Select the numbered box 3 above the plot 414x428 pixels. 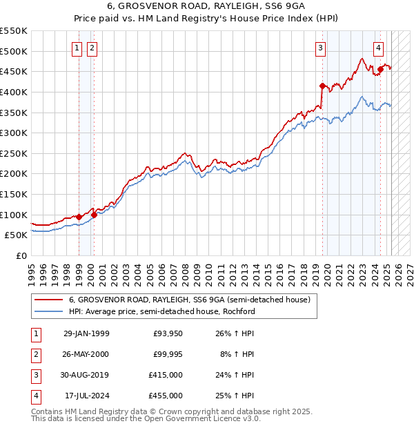pyautogui.click(x=321, y=48)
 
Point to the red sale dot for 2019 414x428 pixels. pyautogui.click(x=322, y=86)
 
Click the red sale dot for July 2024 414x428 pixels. pyautogui.click(x=380, y=69)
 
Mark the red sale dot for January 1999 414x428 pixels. pyautogui.click(x=79, y=217)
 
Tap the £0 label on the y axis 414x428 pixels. pyautogui.click(x=21, y=255)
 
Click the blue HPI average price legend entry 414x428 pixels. pyautogui.click(x=162, y=311)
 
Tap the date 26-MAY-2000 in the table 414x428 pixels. pyautogui.click(x=86, y=353)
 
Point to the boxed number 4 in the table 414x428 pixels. pyautogui.click(x=35, y=396)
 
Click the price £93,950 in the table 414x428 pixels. pyautogui.click(x=168, y=333)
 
